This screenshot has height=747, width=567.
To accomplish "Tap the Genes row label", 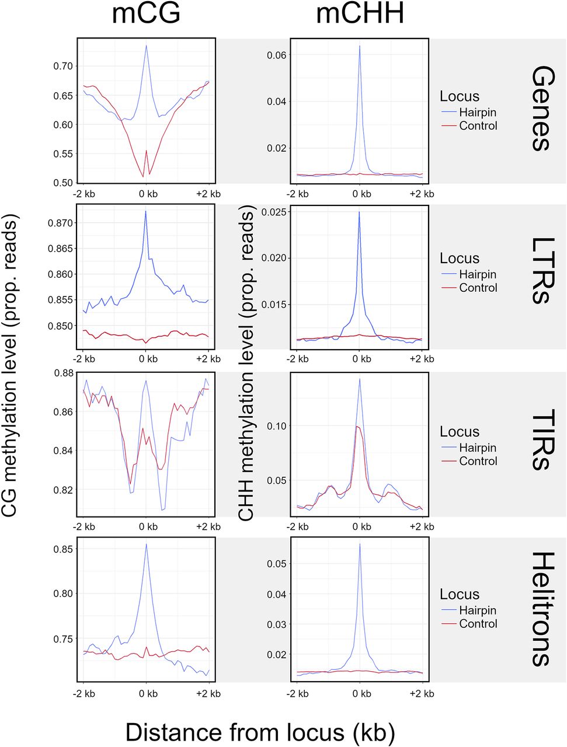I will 541,109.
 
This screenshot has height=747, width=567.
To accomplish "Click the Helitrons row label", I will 541,609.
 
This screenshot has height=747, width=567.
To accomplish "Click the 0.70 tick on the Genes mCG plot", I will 63,66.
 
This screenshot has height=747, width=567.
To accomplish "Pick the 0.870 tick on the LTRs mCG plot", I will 60,223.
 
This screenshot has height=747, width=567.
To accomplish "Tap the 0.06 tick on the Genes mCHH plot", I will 276,55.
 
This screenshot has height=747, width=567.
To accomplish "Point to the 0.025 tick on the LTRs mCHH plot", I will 274,211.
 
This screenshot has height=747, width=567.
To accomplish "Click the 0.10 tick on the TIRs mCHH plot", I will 276,426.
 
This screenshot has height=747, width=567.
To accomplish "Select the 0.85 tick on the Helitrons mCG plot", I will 63,549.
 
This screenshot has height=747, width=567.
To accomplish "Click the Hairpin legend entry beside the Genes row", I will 477,112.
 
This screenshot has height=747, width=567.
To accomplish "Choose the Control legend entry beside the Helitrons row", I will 478,623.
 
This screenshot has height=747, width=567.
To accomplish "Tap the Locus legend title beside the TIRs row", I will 460,432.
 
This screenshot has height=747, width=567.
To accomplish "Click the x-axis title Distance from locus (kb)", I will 260,732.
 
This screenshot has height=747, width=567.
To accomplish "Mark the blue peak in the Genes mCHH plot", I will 360,46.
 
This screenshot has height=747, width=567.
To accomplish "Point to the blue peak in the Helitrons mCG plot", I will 146,544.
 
